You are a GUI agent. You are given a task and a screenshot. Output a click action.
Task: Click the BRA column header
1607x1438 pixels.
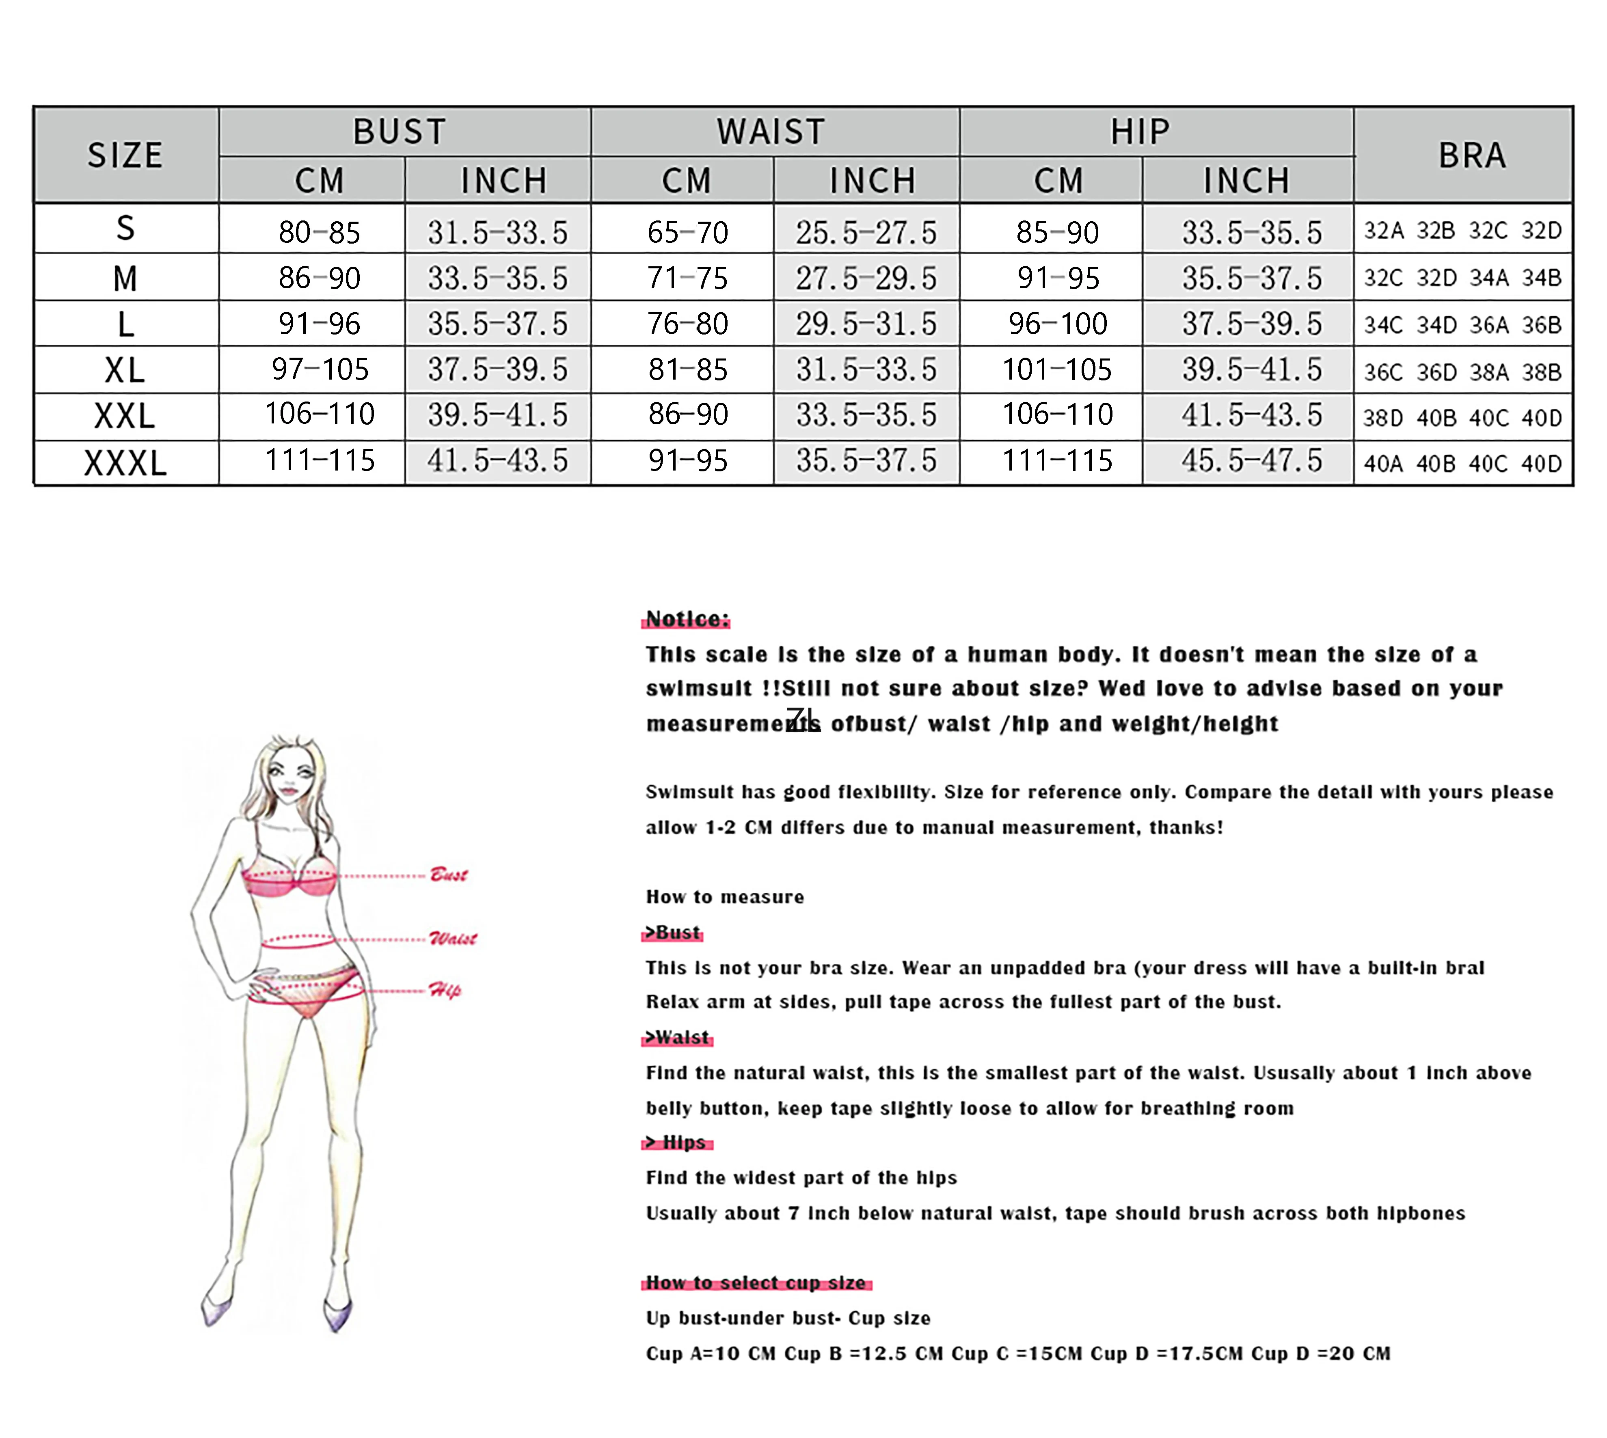tap(1471, 155)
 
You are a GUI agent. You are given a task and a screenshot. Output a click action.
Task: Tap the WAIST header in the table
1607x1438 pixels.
tap(771, 131)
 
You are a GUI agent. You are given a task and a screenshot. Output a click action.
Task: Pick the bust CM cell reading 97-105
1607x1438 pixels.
tap(320, 369)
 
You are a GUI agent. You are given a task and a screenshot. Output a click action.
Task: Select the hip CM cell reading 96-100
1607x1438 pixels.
tap(1058, 323)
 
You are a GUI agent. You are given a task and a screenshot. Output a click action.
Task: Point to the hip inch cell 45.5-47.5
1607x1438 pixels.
tap(1251, 461)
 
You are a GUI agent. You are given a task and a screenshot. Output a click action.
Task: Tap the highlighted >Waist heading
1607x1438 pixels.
tap(677, 1037)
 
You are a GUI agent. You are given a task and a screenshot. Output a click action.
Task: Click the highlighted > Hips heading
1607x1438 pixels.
tap(677, 1142)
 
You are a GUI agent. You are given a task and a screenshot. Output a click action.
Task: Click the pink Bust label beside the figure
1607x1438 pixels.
tap(449, 874)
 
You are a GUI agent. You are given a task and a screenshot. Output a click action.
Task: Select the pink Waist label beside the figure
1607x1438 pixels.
tap(453, 939)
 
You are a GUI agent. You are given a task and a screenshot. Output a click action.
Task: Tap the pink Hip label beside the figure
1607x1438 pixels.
tap(445, 990)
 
